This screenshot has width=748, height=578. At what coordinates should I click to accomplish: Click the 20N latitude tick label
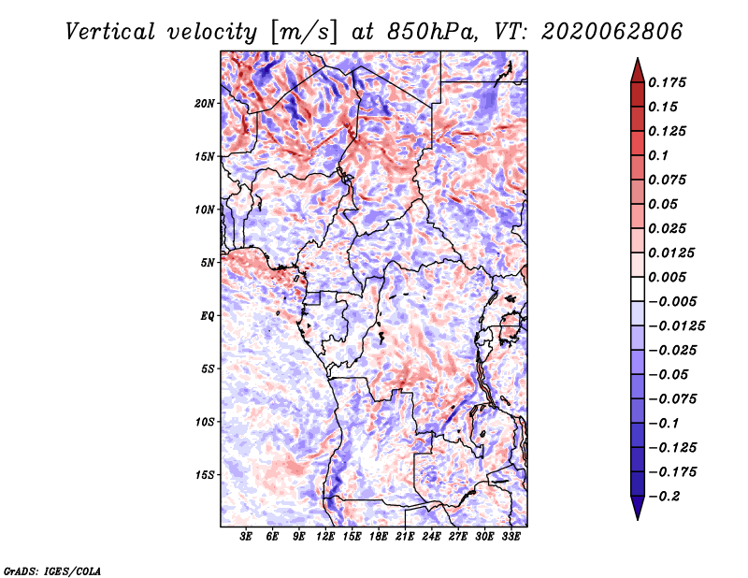(205, 103)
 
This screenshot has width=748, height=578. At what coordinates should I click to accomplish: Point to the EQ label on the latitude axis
(207, 315)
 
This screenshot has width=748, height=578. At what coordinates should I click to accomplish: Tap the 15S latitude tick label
(205, 474)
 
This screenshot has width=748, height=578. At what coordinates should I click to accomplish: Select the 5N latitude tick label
(208, 262)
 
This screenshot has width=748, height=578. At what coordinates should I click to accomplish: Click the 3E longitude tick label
(246, 537)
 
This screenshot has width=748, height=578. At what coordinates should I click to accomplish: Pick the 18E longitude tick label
(378, 537)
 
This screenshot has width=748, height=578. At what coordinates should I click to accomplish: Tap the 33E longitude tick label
(511, 537)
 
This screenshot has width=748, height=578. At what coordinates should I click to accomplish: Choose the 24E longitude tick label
(431, 537)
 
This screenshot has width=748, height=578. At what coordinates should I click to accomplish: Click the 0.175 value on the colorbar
(669, 82)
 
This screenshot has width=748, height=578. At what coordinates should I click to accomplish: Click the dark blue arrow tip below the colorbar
(637, 513)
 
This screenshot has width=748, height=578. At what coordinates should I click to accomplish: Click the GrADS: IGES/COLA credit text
(51, 570)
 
